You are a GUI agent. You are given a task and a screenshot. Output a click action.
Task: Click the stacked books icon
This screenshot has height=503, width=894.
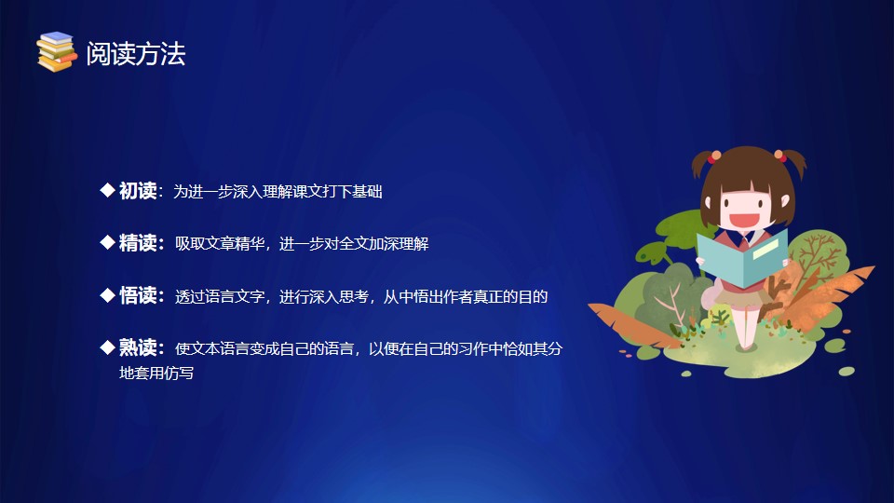point(57,52)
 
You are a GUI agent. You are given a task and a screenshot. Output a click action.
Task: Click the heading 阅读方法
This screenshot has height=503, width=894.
point(136,54)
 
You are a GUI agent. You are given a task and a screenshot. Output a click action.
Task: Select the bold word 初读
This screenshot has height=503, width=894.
point(138,191)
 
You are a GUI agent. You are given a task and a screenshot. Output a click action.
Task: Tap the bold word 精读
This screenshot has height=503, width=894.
point(138,243)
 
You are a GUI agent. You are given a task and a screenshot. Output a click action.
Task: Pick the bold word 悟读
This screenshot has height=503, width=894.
point(138,295)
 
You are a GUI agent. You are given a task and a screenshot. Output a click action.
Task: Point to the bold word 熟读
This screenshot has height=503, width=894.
point(138,347)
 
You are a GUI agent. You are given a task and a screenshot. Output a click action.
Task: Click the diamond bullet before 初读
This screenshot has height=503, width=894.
point(107,190)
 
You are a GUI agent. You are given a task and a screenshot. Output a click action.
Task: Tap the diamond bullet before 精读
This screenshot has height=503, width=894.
point(107,242)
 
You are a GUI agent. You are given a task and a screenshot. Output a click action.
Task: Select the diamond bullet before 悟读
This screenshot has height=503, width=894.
point(107,295)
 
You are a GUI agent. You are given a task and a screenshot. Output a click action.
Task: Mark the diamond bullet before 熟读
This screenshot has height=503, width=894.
point(107,347)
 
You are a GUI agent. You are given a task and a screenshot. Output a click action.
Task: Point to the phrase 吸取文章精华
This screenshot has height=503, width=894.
point(220,244)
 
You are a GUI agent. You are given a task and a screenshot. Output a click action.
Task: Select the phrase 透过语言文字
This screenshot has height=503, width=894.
point(220,296)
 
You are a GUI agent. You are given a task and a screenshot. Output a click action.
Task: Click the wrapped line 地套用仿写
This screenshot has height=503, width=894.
point(156,373)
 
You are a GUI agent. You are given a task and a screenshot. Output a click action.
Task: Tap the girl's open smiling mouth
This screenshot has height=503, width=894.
point(745,220)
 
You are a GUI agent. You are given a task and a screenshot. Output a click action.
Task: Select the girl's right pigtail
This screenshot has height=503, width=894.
point(792,162)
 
